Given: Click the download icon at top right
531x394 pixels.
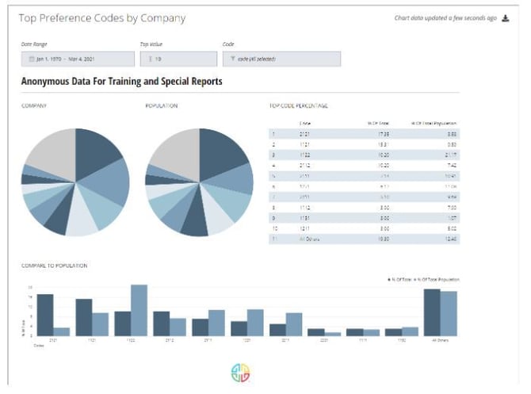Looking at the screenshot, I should point(506,18).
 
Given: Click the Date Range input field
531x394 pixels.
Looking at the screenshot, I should point(77,59).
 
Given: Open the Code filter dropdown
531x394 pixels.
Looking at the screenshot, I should point(282,59).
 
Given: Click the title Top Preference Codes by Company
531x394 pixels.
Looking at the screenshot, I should point(102,17).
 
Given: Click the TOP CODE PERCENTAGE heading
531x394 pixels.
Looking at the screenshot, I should point(299,105).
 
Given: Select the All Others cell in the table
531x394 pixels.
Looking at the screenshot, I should point(308,238).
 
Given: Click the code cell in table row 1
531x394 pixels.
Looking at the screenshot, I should point(306,135).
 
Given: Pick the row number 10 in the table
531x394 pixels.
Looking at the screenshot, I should point(273,228).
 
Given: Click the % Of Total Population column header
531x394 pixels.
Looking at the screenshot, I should point(434,123).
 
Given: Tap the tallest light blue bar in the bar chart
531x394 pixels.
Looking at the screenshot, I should point(139,310).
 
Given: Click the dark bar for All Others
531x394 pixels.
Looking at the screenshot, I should point(432,312).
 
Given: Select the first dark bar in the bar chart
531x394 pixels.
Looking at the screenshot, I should point(45,315).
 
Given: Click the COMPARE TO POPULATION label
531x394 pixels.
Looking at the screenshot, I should point(54,265).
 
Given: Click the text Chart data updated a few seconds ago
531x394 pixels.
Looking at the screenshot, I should point(445,18).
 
